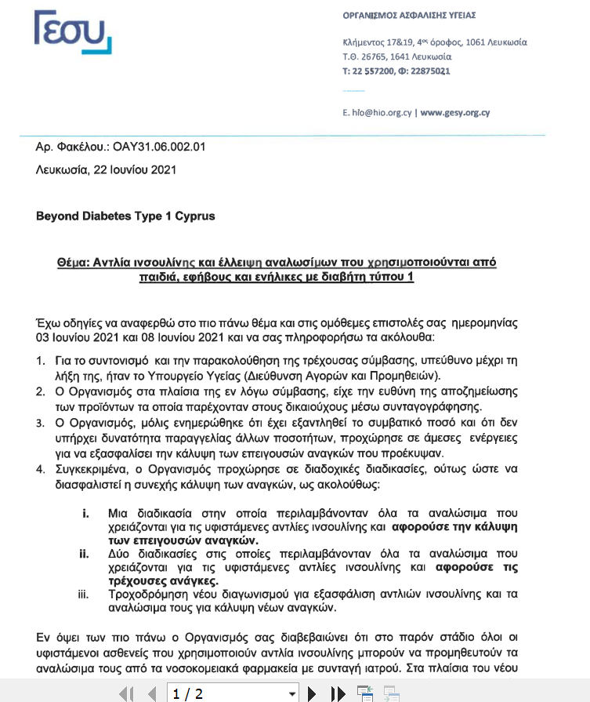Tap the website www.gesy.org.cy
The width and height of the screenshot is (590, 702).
[455, 112]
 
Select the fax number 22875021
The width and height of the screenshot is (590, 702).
[429, 71]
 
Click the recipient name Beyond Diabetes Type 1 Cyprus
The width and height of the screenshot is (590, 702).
[125, 216]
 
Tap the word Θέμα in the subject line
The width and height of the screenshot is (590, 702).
[74, 262]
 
